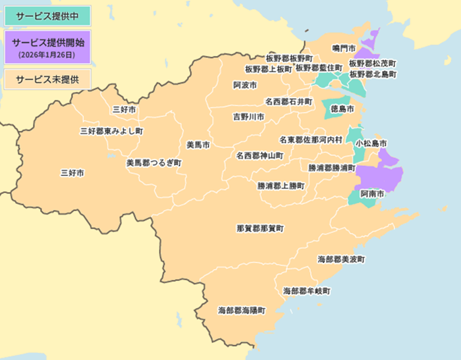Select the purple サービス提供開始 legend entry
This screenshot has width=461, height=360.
45,41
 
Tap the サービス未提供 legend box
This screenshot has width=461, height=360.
45,79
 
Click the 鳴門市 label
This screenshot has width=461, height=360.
344,49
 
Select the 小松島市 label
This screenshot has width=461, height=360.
371,143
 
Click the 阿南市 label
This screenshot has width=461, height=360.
372,195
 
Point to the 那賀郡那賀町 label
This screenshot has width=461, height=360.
260,228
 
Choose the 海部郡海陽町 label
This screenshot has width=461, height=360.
242,309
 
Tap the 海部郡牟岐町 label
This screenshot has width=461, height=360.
306,290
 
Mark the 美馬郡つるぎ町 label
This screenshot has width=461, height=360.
153,162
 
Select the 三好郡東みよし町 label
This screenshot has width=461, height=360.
111,131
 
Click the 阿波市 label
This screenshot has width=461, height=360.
245,86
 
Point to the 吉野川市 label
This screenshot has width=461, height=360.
249,116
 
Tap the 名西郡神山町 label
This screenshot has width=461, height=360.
259,156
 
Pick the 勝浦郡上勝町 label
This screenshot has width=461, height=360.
281,186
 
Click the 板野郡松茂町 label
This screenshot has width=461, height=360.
372,64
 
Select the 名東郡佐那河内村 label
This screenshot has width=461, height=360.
310,140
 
